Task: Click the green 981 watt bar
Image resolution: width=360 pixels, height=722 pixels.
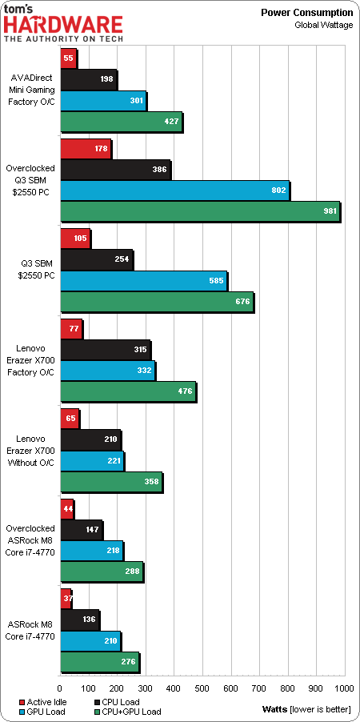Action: pos(200,212)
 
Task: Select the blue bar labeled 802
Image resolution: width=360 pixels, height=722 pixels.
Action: pos(174,191)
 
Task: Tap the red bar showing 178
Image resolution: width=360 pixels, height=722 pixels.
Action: pos(86,149)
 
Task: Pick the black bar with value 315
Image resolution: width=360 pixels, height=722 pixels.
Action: pos(105,350)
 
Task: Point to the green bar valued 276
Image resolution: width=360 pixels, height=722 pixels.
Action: pos(99,662)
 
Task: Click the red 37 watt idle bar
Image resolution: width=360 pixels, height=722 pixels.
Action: pos(66,599)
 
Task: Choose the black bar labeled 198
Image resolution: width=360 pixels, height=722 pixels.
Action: pos(88,79)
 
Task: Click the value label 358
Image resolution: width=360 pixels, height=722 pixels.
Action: pos(151,482)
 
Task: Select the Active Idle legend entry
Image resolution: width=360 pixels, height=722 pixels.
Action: pos(42,702)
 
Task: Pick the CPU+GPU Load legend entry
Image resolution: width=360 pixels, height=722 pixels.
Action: pos(127,712)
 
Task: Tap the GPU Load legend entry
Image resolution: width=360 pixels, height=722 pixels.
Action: pos(42,712)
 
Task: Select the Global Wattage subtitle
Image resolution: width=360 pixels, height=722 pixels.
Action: pos(324,24)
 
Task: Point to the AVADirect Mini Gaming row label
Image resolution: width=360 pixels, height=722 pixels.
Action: pos(33,90)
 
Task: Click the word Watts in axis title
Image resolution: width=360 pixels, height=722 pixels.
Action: pos(273,712)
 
